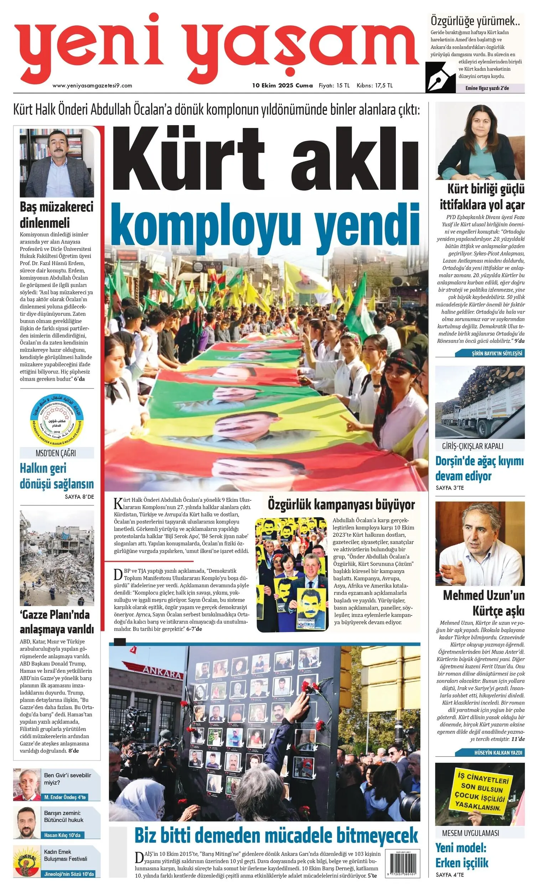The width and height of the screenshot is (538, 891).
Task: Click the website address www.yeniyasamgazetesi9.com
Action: pyautogui.click(x=92, y=86)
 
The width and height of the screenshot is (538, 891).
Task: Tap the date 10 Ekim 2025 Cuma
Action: pyautogui.click(x=283, y=86)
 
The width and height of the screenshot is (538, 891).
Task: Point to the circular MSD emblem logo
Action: pyautogui.click(x=57, y=421)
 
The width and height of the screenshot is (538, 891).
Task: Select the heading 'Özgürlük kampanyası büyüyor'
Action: pyautogui.click(x=341, y=504)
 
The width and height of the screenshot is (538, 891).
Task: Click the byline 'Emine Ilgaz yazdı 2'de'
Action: pyautogui.click(x=487, y=88)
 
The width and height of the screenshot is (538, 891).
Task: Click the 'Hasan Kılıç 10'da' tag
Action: pyautogui.click(x=62, y=835)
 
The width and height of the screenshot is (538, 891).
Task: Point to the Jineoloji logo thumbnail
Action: pyautogui.click(x=27, y=863)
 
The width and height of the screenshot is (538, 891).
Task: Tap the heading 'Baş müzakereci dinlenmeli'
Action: pyautogui.click(x=56, y=215)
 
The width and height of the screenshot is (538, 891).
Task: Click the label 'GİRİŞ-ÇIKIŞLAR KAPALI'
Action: pyautogui.click(x=472, y=446)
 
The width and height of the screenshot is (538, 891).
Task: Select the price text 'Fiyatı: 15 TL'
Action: pyautogui.click(x=334, y=86)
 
